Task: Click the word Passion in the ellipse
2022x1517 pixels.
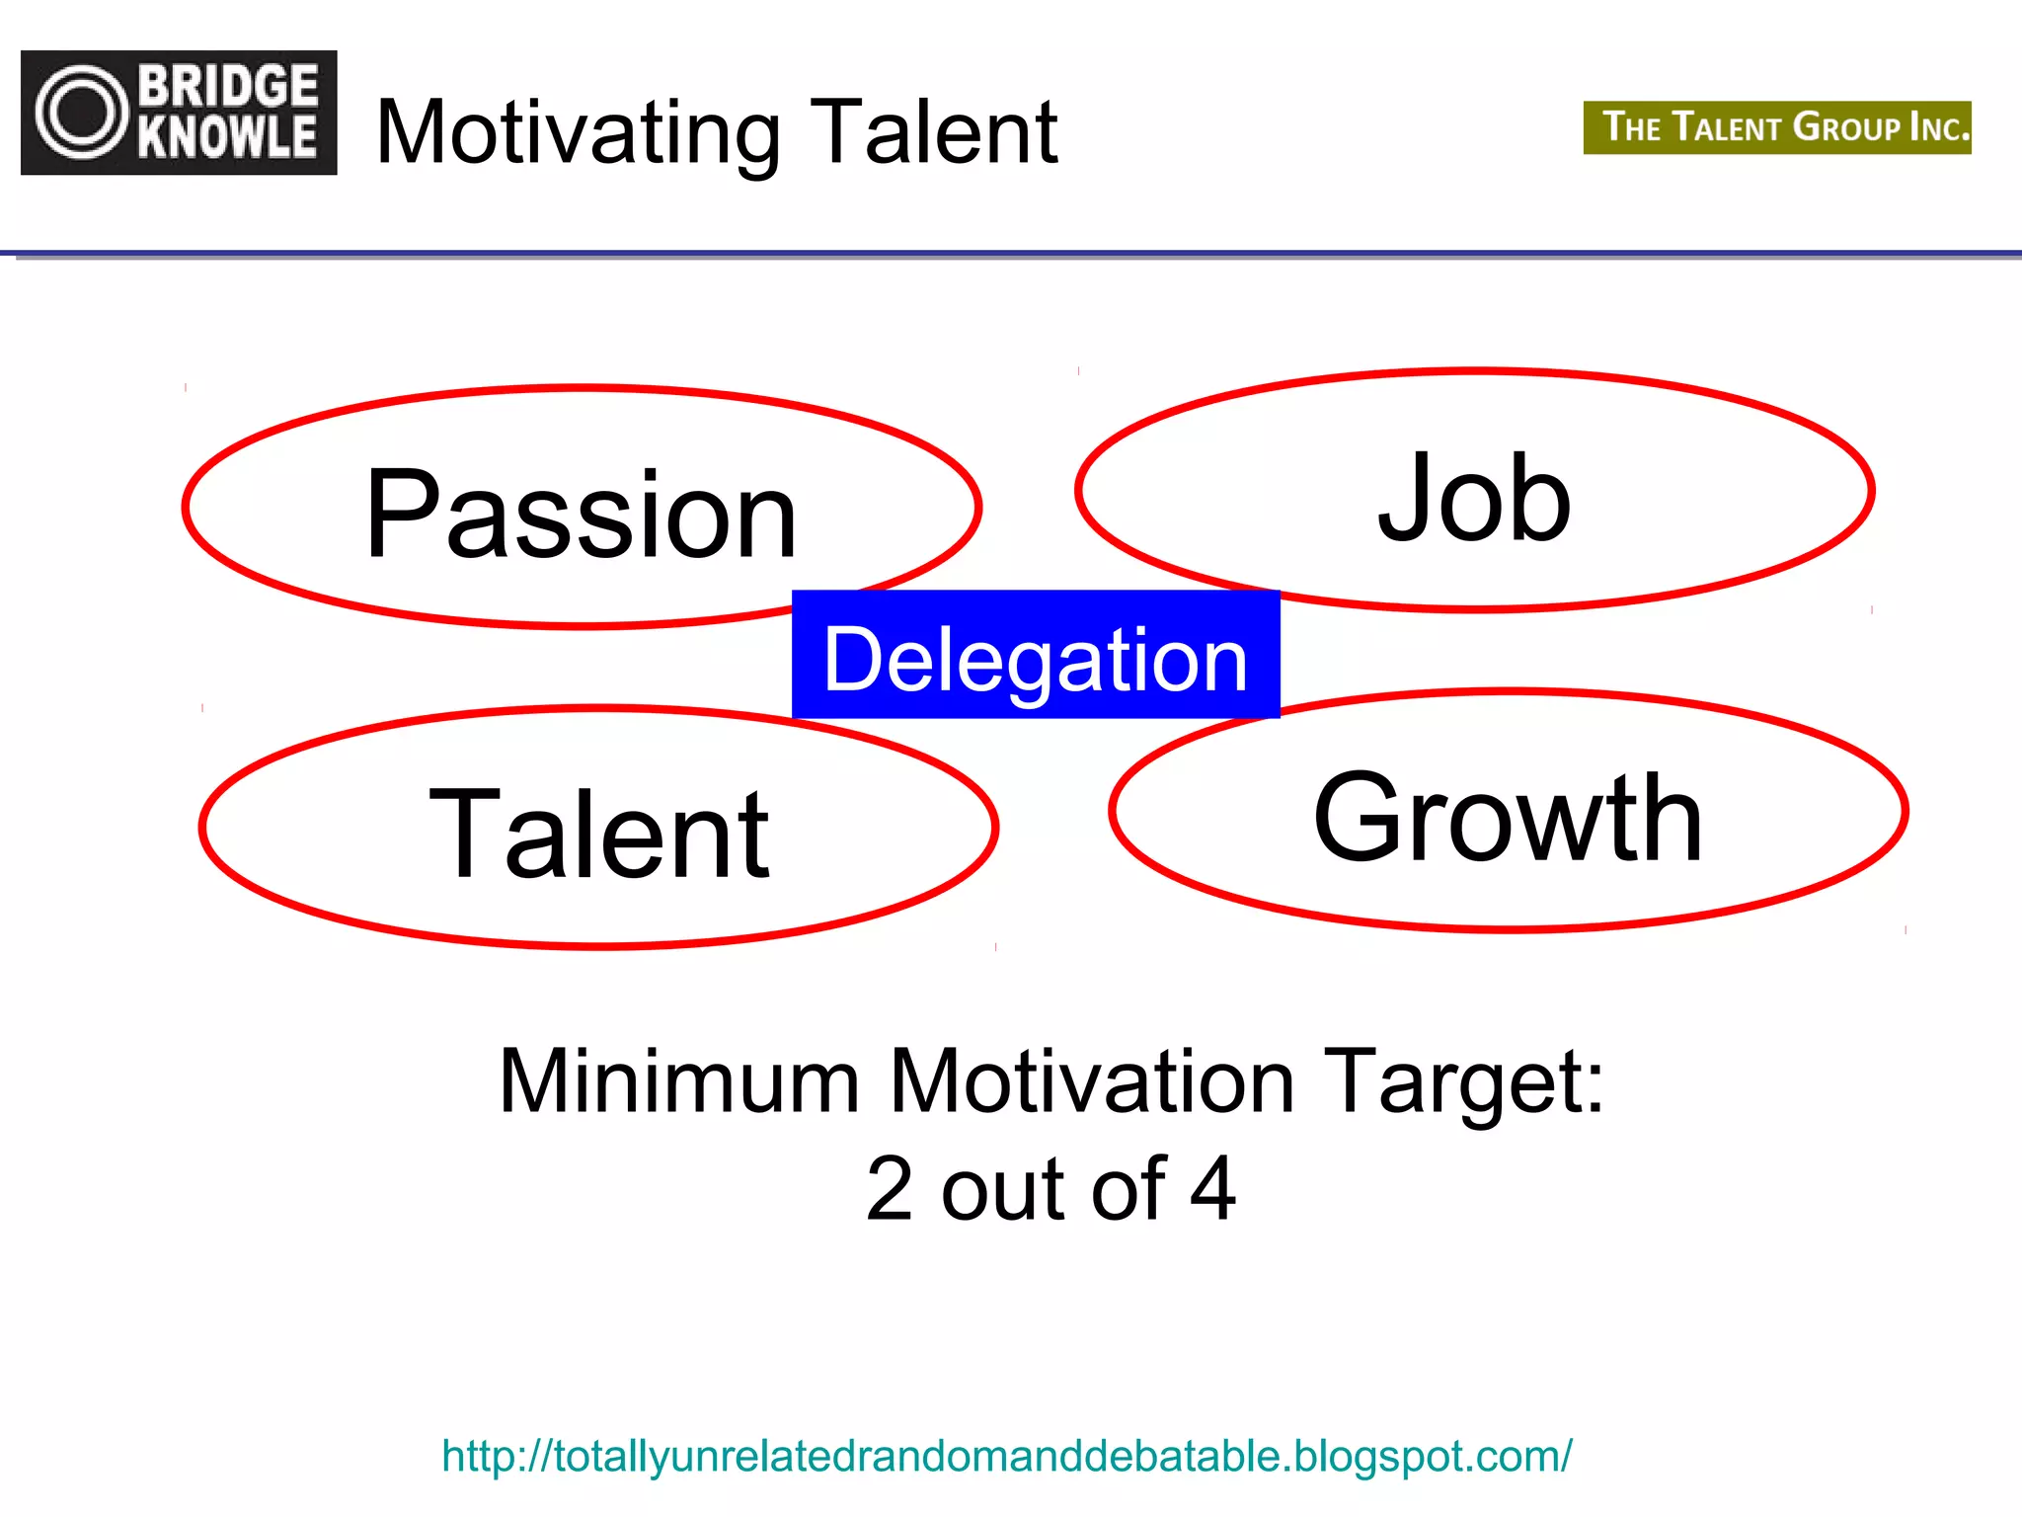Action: point(581,516)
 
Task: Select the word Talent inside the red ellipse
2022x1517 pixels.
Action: point(599,835)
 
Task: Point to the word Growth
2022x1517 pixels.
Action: point(1508,818)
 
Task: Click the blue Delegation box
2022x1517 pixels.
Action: point(1036,655)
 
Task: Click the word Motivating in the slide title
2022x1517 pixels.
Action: point(579,133)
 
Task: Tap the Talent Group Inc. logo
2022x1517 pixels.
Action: point(1777,127)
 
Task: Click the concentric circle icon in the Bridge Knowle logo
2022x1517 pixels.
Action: point(83,113)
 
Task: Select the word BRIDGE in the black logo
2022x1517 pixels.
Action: point(229,87)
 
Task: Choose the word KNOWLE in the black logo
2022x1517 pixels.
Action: point(227,137)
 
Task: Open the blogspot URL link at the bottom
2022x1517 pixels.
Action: point(1006,1456)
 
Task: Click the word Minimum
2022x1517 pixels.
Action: point(679,1081)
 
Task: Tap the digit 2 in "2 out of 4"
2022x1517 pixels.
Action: point(890,1188)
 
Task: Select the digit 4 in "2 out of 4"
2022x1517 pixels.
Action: point(1212,1188)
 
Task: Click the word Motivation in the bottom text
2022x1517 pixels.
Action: point(1091,1081)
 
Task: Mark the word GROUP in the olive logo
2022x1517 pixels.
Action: point(1846,127)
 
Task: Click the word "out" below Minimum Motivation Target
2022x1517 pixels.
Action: point(1003,1190)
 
